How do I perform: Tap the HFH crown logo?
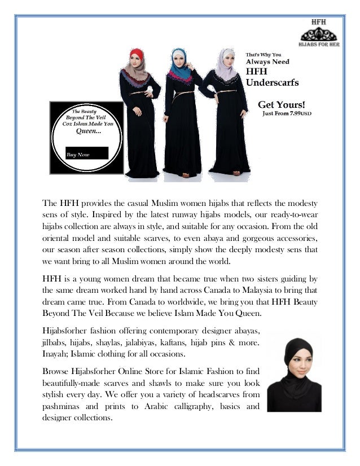click(319, 32)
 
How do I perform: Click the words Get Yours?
click(282, 104)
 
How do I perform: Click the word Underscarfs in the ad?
click(273, 83)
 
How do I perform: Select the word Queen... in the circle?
click(89, 131)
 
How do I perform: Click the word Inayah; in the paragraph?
click(58, 353)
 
